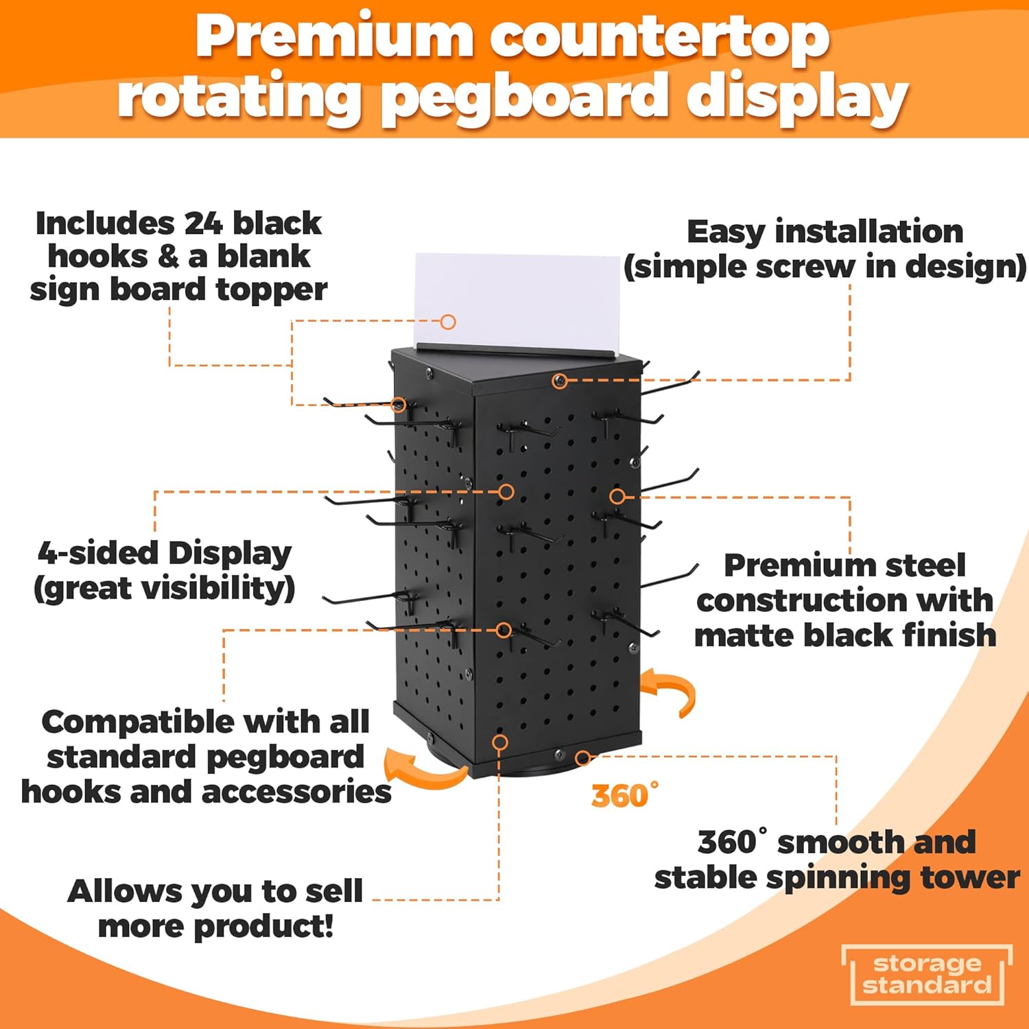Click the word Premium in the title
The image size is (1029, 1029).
click(x=334, y=38)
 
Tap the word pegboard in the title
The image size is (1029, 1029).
click(x=525, y=99)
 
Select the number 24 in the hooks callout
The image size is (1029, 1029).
click(x=204, y=224)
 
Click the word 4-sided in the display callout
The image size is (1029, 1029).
click(x=97, y=554)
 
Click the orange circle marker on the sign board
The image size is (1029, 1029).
click(x=448, y=322)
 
